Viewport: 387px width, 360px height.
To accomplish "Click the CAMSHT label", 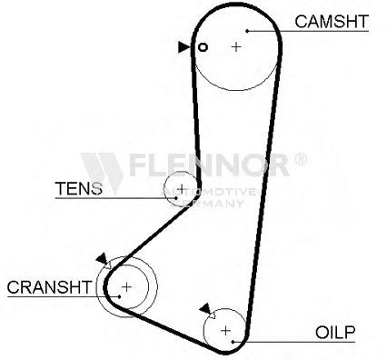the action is pos(332,22).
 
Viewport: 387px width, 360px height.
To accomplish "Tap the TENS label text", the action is pos(79,188).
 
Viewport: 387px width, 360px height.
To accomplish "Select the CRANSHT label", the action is pos(49,287).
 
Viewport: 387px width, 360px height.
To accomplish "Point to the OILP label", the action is pos(335,333).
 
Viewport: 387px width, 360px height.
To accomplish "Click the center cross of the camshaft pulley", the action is pos(236,46).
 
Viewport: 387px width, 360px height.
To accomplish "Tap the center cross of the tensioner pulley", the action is pos(182,188).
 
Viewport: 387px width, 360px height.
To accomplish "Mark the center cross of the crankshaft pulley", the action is pos(126,286).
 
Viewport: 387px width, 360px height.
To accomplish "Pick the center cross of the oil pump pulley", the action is pos(225,330).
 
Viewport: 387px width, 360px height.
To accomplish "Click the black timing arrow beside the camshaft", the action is pos(184,47).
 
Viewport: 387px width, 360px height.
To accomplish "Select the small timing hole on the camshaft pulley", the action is pos(203,47).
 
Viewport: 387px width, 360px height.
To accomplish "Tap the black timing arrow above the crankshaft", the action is pos(102,258).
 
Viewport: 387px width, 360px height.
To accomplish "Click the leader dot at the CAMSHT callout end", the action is pos(247,31).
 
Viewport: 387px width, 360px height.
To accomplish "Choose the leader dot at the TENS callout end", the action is pos(176,198).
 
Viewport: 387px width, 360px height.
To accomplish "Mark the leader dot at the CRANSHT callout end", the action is pos(120,296).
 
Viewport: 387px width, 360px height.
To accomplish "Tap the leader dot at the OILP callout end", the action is pos(233,342).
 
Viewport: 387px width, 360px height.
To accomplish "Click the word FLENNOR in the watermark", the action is pos(209,165).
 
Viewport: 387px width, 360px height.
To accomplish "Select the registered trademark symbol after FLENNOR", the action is pos(301,159).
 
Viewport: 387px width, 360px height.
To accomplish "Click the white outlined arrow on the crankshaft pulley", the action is pos(107,265).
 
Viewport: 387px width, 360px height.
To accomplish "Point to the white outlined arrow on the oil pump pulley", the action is pos(212,315).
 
